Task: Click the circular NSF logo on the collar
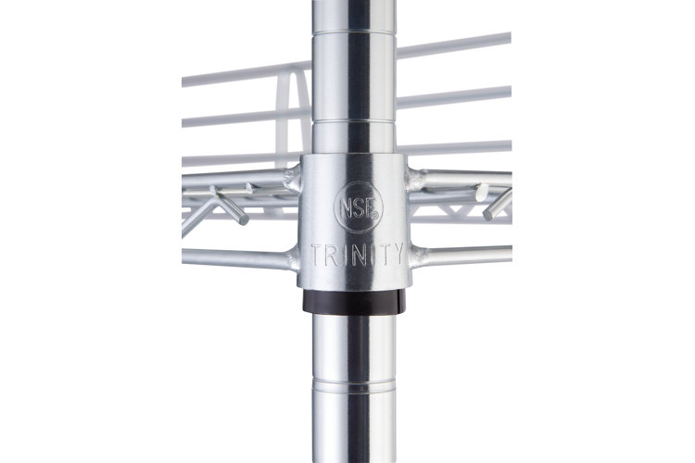(358, 207)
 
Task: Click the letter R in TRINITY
(331, 255)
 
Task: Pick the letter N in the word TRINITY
(358, 255)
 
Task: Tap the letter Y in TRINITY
(398, 254)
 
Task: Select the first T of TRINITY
(317, 256)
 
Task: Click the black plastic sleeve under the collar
(354, 301)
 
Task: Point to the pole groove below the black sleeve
(354, 382)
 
